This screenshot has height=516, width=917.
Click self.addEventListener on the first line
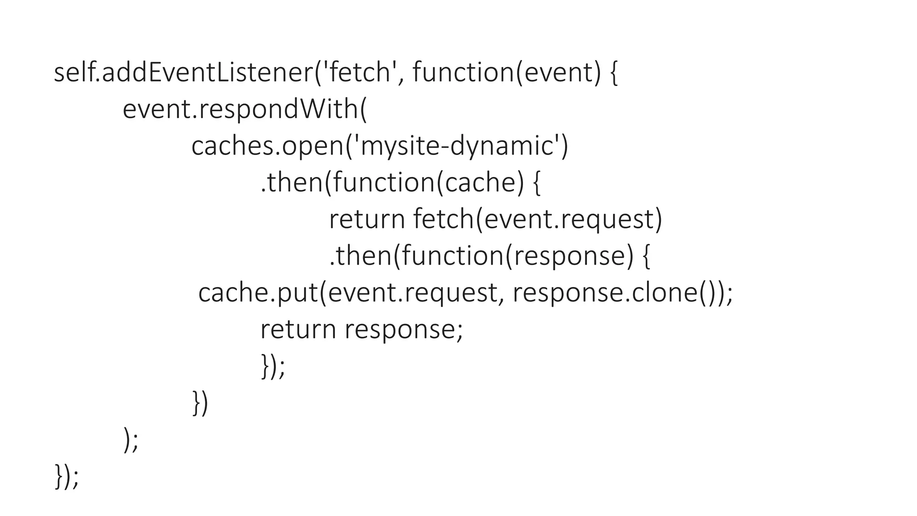click(x=184, y=73)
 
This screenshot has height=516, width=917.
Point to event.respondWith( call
click(x=244, y=110)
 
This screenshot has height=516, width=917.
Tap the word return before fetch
click(x=367, y=219)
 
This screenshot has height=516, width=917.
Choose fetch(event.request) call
click(x=537, y=219)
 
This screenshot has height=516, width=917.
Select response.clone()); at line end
click(x=622, y=293)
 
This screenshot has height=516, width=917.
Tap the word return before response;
click(x=298, y=330)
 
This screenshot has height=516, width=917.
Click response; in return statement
click(x=403, y=330)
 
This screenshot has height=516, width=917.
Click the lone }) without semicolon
click(x=200, y=403)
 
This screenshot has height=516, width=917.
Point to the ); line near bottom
click(x=131, y=440)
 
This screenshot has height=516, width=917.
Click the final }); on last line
click(x=66, y=477)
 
